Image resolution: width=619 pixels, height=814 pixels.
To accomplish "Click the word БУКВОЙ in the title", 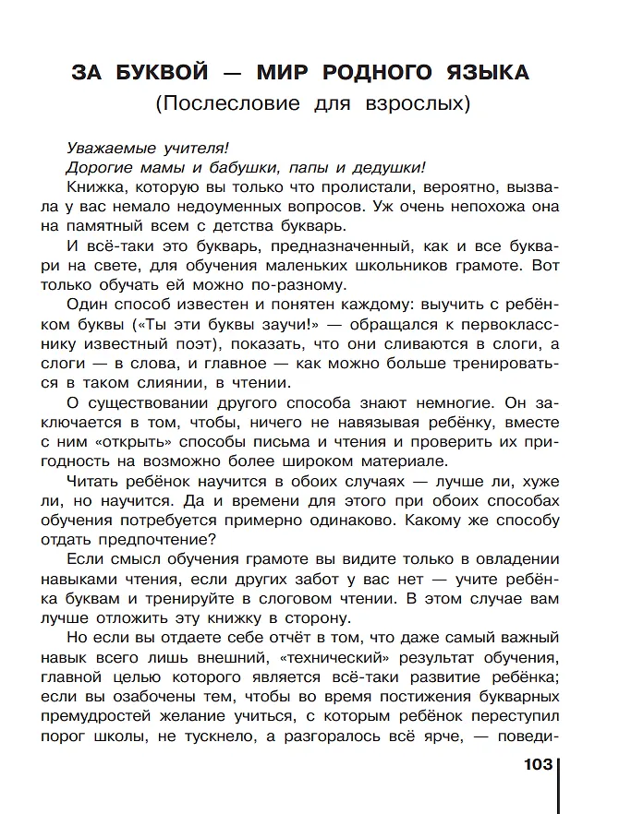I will tap(162, 72).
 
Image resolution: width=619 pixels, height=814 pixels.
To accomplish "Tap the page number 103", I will tap(537, 764).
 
